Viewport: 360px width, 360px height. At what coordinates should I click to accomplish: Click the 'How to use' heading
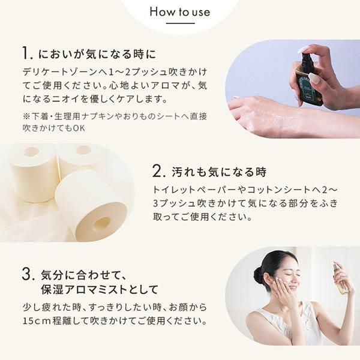[x=180, y=12]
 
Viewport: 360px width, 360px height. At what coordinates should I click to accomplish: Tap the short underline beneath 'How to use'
[x=180, y=23]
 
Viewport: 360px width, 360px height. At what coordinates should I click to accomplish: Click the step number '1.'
[x=28, y=53]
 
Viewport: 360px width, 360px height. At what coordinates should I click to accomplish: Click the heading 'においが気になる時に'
[x=97, y=54]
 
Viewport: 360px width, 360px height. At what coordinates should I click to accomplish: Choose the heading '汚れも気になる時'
[x=219, y=172]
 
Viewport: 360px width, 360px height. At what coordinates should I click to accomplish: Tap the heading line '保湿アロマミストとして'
[x=100, y=289]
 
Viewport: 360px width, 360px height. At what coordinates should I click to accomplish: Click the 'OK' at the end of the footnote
[x=79, y=128]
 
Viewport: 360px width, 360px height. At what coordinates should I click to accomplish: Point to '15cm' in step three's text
[x=36, y=321]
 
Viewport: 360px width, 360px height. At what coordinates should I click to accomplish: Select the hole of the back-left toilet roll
[x=32, y=152]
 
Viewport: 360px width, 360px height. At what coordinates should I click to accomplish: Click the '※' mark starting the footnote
[x=26, y=116]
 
